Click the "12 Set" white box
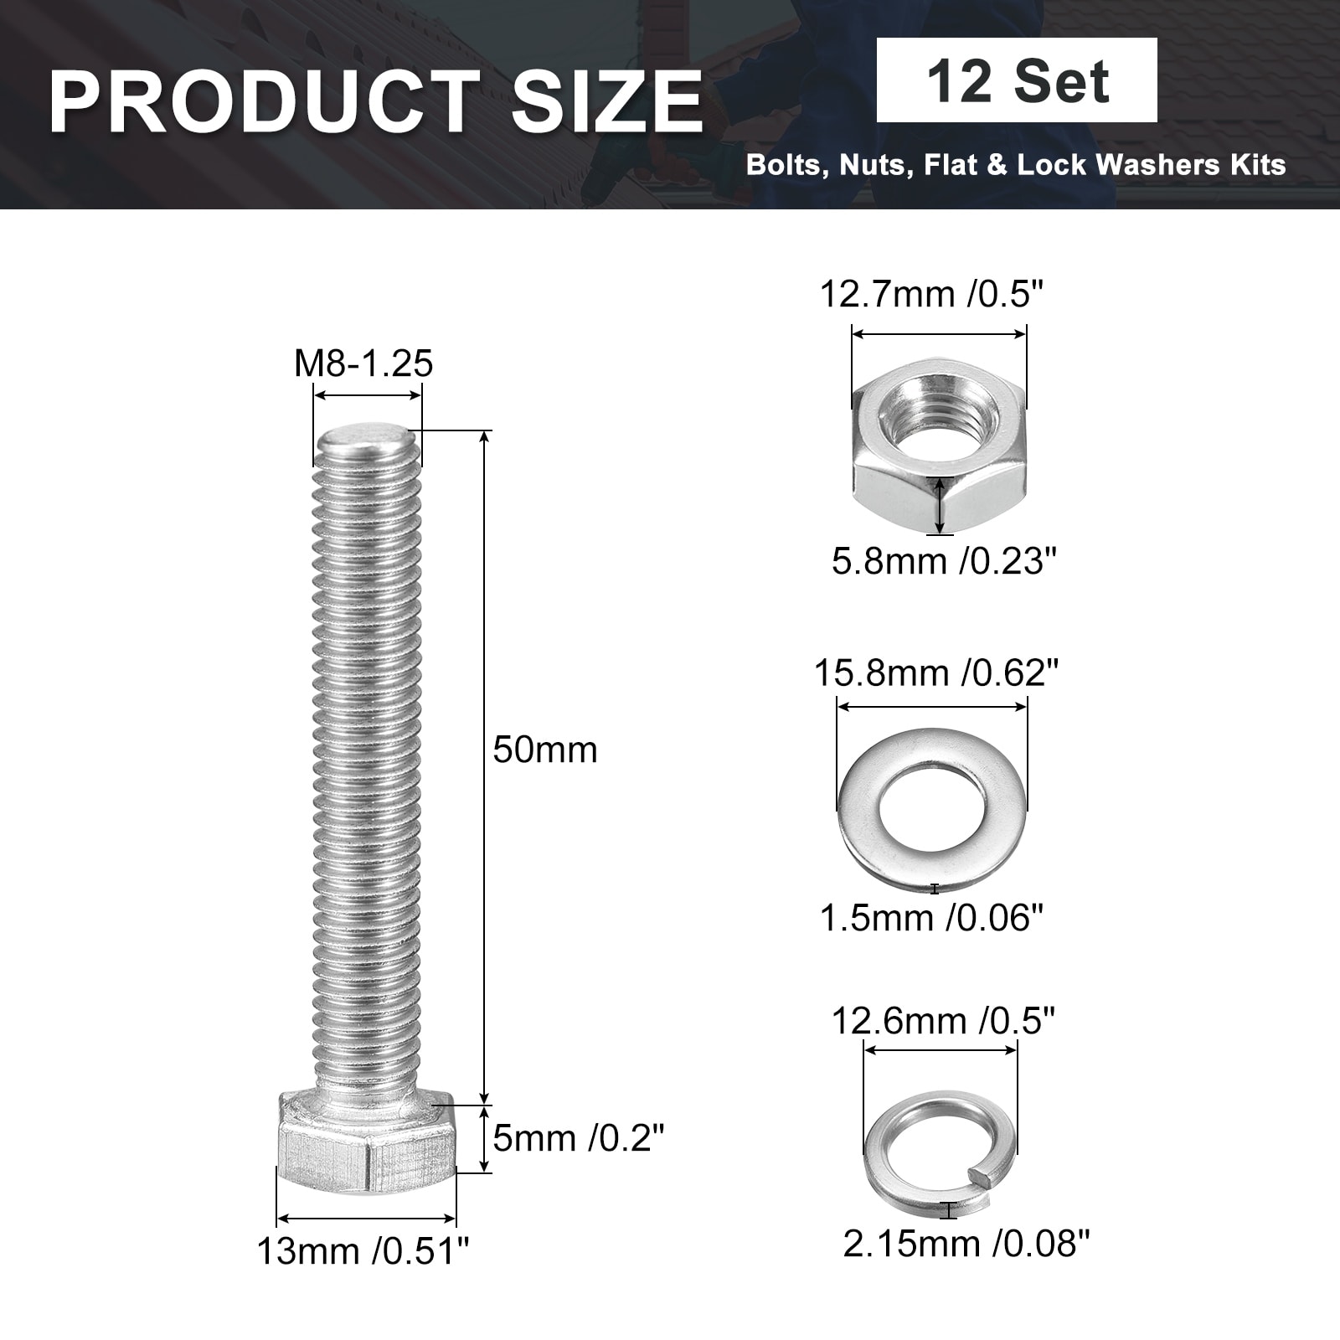pos(1017,80)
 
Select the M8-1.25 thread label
pos(363,363)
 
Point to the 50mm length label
pos(545,750)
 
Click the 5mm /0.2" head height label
pos(579,1138)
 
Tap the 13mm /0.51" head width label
pos(363,1252)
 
